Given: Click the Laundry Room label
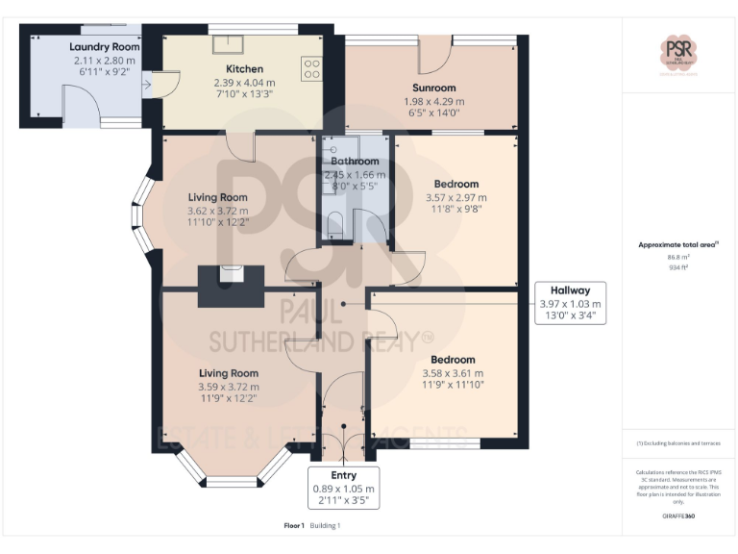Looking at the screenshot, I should (105, 46).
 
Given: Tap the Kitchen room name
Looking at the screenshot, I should (244, 69).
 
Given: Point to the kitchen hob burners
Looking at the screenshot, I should (312, 67).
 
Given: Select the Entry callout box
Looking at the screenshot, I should (343, 488).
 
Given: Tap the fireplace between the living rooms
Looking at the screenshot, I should (232, 286).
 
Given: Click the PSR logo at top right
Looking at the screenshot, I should (679, 52).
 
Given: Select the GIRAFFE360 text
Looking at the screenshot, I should (678, 516).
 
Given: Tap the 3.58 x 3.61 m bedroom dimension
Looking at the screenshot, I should (453, 373).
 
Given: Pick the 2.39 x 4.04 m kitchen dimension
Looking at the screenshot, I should (244, 83).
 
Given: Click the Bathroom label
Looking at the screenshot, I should (355, 162).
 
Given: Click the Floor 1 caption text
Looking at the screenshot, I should (294, 526).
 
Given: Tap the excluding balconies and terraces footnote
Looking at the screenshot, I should (678, 443).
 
